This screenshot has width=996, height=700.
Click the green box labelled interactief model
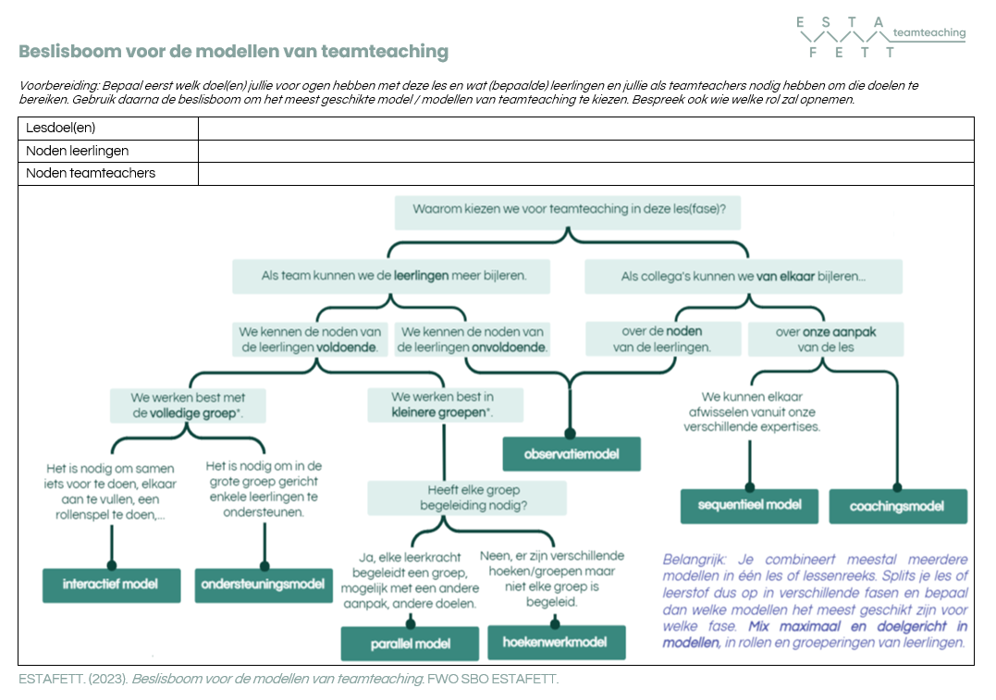coord(111,584)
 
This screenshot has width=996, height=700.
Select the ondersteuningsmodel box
coord(264,584)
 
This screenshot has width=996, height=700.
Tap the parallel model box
coord(410,644)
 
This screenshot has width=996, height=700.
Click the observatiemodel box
coord(571,454)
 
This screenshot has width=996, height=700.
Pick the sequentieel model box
coord(750,506)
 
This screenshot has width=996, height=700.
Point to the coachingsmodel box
coord(897,507)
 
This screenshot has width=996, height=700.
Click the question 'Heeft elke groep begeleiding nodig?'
coord(466,497)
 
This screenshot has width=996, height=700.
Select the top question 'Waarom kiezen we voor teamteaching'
coord(568,210)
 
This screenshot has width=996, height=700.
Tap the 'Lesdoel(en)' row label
coord(61,129)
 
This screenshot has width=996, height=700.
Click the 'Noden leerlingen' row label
coord(78,151)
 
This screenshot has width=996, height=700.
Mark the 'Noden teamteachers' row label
coord(91,173)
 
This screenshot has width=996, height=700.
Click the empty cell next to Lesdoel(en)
coord(585,129)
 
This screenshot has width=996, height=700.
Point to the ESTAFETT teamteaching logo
coord(879,37)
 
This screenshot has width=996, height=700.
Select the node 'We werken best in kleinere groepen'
coord(444,405)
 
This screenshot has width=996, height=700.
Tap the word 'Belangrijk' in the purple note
coord(692,559)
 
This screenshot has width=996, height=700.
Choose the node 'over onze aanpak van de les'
coord(825,339)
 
